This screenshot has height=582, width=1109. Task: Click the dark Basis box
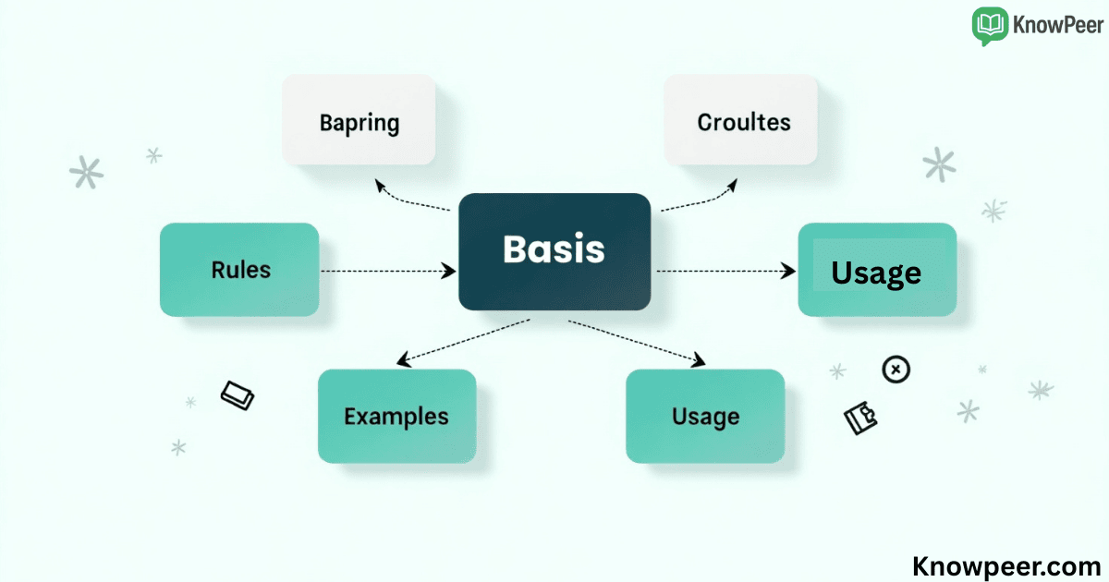pos(554,250)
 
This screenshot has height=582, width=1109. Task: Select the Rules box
pos(239,270)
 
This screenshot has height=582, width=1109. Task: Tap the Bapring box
pos(359,120)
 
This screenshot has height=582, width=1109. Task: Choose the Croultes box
pos(741,120)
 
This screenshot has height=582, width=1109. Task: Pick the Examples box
pos(396,416)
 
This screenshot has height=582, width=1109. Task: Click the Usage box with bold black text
pos(876,270)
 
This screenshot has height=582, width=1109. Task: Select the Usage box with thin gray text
pos(705,416)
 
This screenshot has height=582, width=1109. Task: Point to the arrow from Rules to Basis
pos(388,271)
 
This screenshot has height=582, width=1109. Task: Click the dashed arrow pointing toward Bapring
pos(411,198)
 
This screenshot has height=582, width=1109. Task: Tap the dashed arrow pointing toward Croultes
pos(700,198)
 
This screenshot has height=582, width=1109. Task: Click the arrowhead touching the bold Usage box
pos(788,271)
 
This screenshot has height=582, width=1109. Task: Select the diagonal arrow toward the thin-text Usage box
pos(638,341)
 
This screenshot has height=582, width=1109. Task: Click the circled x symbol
pos(896,370)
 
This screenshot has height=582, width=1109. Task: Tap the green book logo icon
pos(990,26)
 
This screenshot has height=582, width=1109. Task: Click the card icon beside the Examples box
pos(238,395)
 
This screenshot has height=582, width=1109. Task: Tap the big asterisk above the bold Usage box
pos(939,164)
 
